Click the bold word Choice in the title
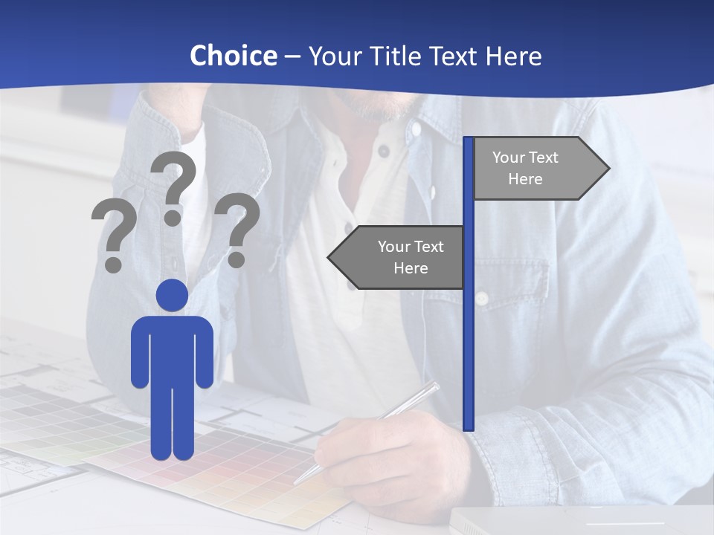tap(233, 56)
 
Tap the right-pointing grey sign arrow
tap(538, 169)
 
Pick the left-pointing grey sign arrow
tap(398, 257)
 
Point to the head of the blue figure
tap(172, 296)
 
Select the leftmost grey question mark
tap(115, 237)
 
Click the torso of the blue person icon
tap(172, 349)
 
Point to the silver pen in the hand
tap(372, 427)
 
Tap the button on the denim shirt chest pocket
tap(481, 298)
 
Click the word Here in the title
tap(514, 56)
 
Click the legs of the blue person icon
tap(172, 424)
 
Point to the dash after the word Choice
tap(292, 57)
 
